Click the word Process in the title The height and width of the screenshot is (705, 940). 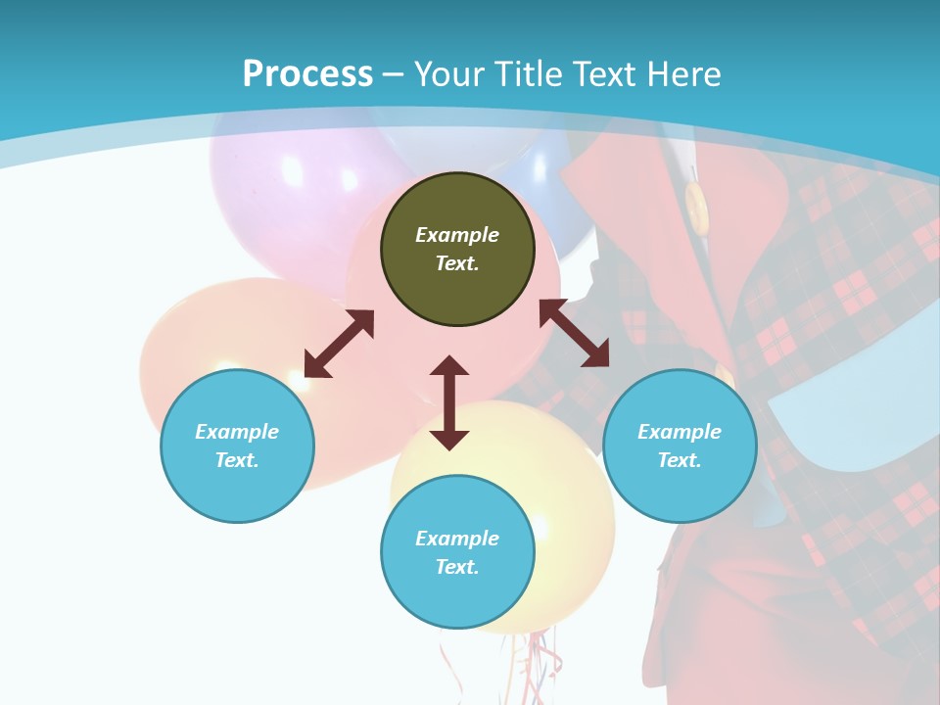[x=307, y=73]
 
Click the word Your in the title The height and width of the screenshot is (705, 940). [x=450, y=73]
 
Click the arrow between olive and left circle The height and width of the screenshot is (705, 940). [x=339, y=344]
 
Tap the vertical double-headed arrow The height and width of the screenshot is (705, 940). [x=449, y=402]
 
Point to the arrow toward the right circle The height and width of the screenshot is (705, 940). [x=574, y=333]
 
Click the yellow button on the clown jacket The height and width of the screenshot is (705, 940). [x=696, y=207]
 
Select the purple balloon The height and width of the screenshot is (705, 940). [x=284, y=186]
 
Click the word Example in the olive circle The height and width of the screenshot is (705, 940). [x=457, y=235]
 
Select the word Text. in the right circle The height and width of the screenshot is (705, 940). [x=680, y=460]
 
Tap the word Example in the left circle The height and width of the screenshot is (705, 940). [x=237, y=432]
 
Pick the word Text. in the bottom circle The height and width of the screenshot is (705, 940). [x=457, y=567]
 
